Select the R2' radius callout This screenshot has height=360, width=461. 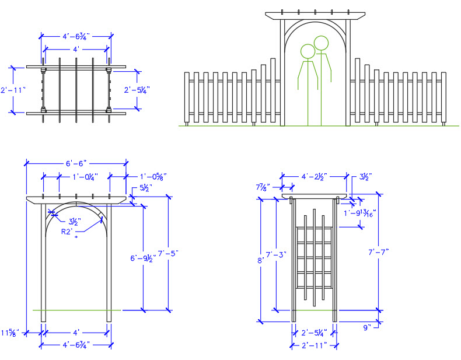tap(70, 231)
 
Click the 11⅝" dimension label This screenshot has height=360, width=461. tap(10, 333)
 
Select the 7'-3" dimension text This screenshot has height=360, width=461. tap(277, 255)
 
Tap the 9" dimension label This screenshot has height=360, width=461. tap(367, 328)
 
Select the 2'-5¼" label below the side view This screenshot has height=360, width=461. tap(313, 334)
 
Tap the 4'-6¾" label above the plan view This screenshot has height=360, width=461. tap(76, 36)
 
